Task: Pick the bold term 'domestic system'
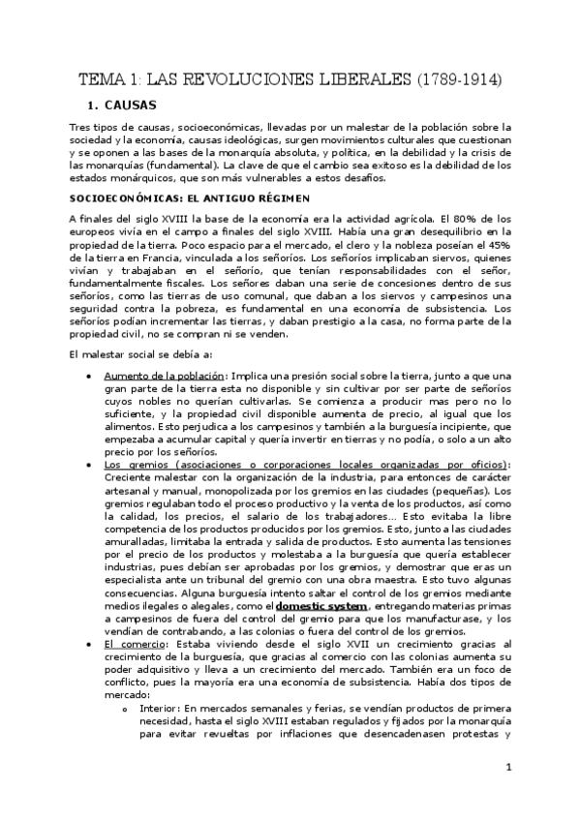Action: (321, 605)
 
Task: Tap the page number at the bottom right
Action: (507, 768)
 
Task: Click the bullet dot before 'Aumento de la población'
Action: (89, 376)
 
